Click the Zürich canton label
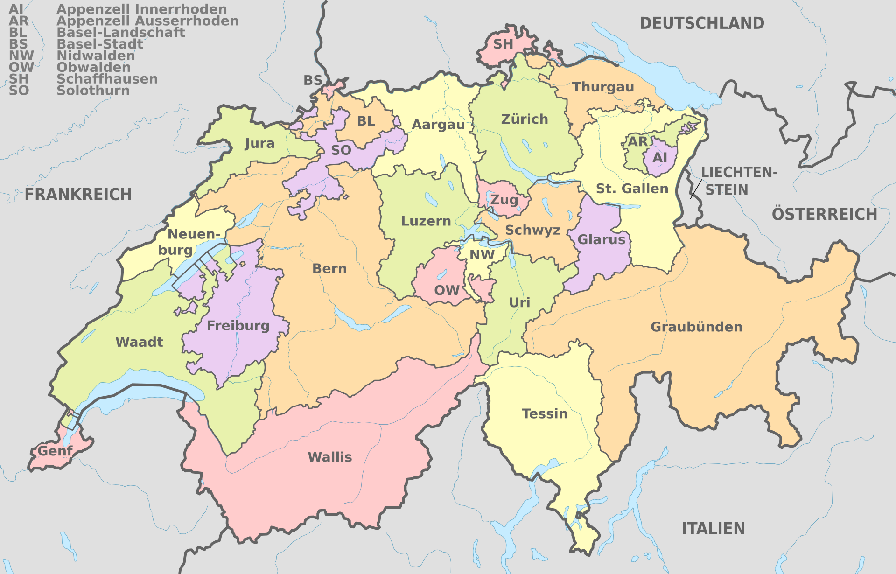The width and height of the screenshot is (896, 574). (x=525, y=119)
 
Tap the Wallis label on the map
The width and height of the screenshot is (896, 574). (x=330, y=457)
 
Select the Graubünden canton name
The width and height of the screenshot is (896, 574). (x=696, y=327)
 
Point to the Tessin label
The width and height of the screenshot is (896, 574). (x=545, y=413)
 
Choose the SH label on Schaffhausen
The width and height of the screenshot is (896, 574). (x=503, y=44)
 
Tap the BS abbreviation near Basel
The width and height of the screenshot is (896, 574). (x=313, y=80)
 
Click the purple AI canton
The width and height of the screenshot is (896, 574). (x=659, y=157)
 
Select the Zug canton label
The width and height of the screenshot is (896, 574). (x=504, y=200)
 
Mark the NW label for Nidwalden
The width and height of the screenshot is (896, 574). (x=482, y=255)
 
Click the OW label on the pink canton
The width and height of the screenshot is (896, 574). (x=447, y=290)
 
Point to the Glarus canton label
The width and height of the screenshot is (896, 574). (x=601, y=239)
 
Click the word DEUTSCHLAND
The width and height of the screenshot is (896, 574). (x=701, y=23)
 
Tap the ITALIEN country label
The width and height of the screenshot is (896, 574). (x=713, y=528)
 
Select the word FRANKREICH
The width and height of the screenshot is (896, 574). (x=78, y=194)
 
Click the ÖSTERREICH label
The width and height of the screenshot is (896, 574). (x=824, y=214)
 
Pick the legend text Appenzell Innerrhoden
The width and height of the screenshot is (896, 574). (x=141, y=9)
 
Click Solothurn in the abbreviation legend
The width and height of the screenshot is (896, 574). (x=93, y=91)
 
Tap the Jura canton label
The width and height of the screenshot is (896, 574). (x=259, y=143)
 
